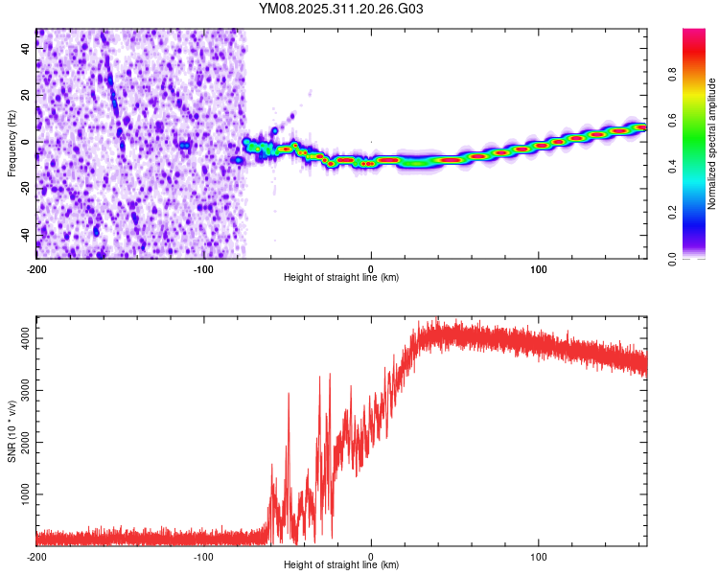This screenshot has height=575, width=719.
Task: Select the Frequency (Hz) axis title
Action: pyautogui.click(x=12, y=144)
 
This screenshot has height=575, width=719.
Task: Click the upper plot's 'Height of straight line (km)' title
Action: pyautogui.click(x=341, y=277)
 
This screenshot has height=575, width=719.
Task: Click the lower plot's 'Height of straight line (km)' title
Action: pyautogui.click(x=341, y=564)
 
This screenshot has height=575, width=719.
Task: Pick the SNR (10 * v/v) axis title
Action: pyautogui.click(x=12, y=431)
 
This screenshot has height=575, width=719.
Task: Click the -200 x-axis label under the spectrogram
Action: pyautogui.click(x=36, y=267)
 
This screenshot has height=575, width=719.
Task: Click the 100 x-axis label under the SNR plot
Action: pyautogui.click(x=539, y=555)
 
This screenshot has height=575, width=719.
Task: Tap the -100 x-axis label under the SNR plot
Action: pyautogui.click(x=203, y=555)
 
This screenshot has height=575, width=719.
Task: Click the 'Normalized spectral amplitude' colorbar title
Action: pyautogui.click(x=711, y=144)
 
